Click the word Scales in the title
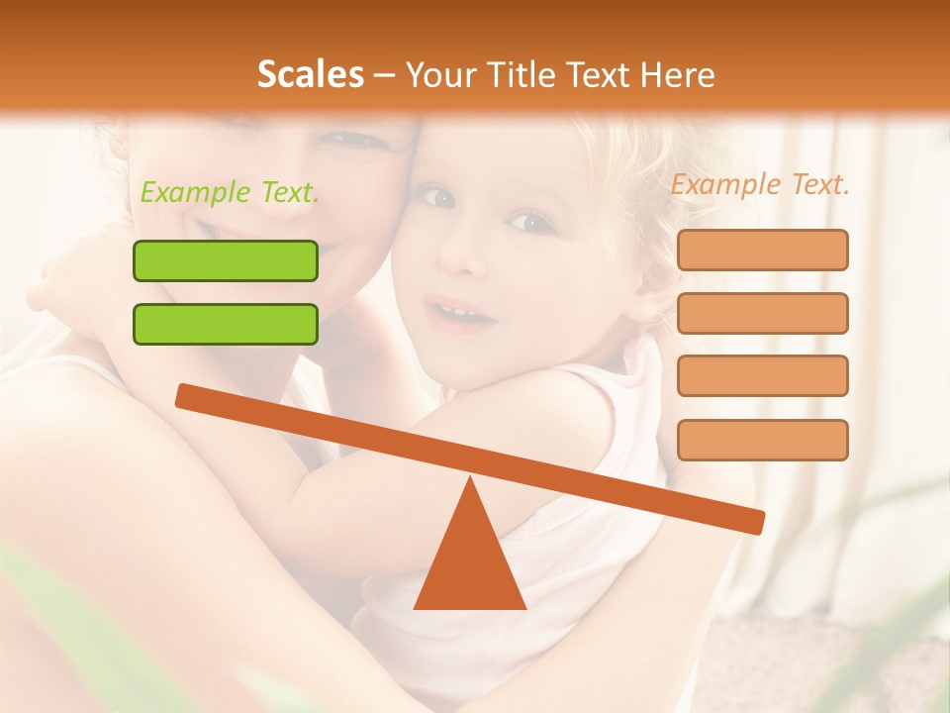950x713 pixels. pos(310,74)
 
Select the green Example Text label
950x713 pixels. pos(230,192)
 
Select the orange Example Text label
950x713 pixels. pos(760,184)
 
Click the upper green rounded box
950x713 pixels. pos(226,260)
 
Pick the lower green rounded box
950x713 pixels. pos(226,324)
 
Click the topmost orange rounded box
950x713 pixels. pos(762,250)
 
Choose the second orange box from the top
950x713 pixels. pos(762,313)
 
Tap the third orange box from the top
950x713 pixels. pos(762,375)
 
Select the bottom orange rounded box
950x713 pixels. pos(762,440)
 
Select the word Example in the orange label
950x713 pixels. pos(722,184)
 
